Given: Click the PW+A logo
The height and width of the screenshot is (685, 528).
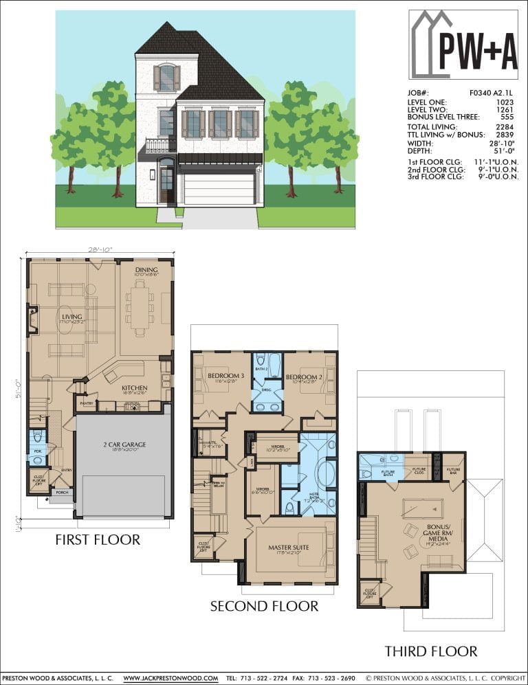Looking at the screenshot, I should point(463,45).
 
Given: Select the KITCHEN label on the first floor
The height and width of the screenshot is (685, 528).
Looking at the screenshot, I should point(134,388).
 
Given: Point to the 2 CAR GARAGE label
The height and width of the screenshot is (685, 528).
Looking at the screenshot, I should point(124,445).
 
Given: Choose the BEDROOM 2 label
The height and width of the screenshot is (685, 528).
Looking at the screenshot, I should point(305,377).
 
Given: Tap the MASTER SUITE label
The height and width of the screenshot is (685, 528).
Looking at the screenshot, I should point(288,548).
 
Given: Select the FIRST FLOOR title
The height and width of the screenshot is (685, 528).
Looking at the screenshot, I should point(98,539).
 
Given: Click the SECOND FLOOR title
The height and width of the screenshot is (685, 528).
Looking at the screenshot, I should point(264,606).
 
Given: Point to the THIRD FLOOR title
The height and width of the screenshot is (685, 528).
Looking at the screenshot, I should point(430,651).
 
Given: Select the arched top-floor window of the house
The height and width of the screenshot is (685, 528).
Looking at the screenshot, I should point(166,77).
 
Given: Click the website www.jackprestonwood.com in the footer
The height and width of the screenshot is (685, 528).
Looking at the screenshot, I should point(170,677).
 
